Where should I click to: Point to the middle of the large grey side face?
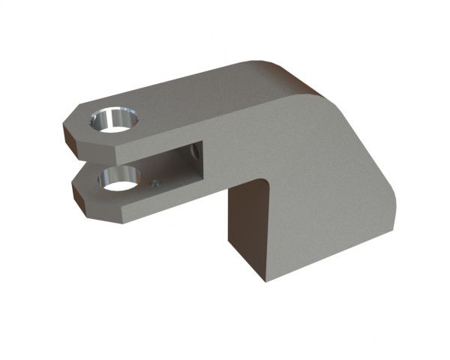[x=315, y=172]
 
